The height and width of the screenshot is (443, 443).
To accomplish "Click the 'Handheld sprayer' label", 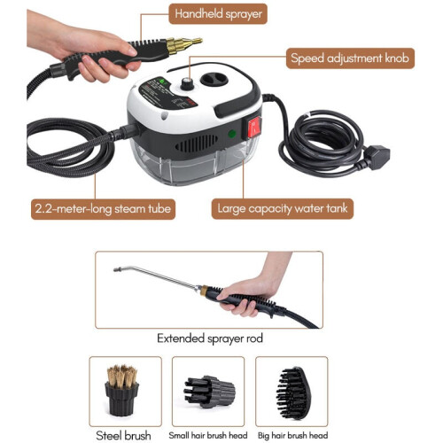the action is pyautogui.click(x=218, y=14).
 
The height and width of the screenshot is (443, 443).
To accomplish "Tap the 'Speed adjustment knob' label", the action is pyautogui.click(x=350, y=58).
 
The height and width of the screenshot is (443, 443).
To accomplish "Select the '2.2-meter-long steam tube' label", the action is pyautogui.click(x=103, y=209).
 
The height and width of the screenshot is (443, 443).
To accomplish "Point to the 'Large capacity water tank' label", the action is pyautogui.click(x=283, y=208).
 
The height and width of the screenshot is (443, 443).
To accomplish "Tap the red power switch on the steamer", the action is pyautogui.click(x=254, y=128).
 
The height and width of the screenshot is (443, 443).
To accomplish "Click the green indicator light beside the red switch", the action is pyautogui.click(x=232, y=134).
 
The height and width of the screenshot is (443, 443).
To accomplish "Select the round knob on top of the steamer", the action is pyautogui.click(x=187, y=83).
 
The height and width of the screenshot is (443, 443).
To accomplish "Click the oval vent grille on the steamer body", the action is pyautogui.click(x=197, y=144).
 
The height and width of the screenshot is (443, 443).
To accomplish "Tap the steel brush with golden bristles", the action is pyautogui.click(x=121, y=390).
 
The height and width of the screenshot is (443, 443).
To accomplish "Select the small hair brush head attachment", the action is pyautogui.click(x=209, y=392).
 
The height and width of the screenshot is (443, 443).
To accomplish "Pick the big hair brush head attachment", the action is pyautogui.click(x=293, y=393).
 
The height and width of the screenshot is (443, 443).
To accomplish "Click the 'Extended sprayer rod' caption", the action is pyautogui.click(x=210, y=338).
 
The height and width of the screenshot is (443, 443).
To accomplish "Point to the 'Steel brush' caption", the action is pyautogui.click(x=123, y=436).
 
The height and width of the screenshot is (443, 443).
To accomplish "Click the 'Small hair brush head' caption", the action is pyautogui.click(x=208, y=435).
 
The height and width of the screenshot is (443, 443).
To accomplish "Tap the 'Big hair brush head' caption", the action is pyautogui.click(x=292, y=435).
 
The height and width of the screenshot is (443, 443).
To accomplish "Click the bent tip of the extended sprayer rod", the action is pyautogui.click(x=118, y=269).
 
